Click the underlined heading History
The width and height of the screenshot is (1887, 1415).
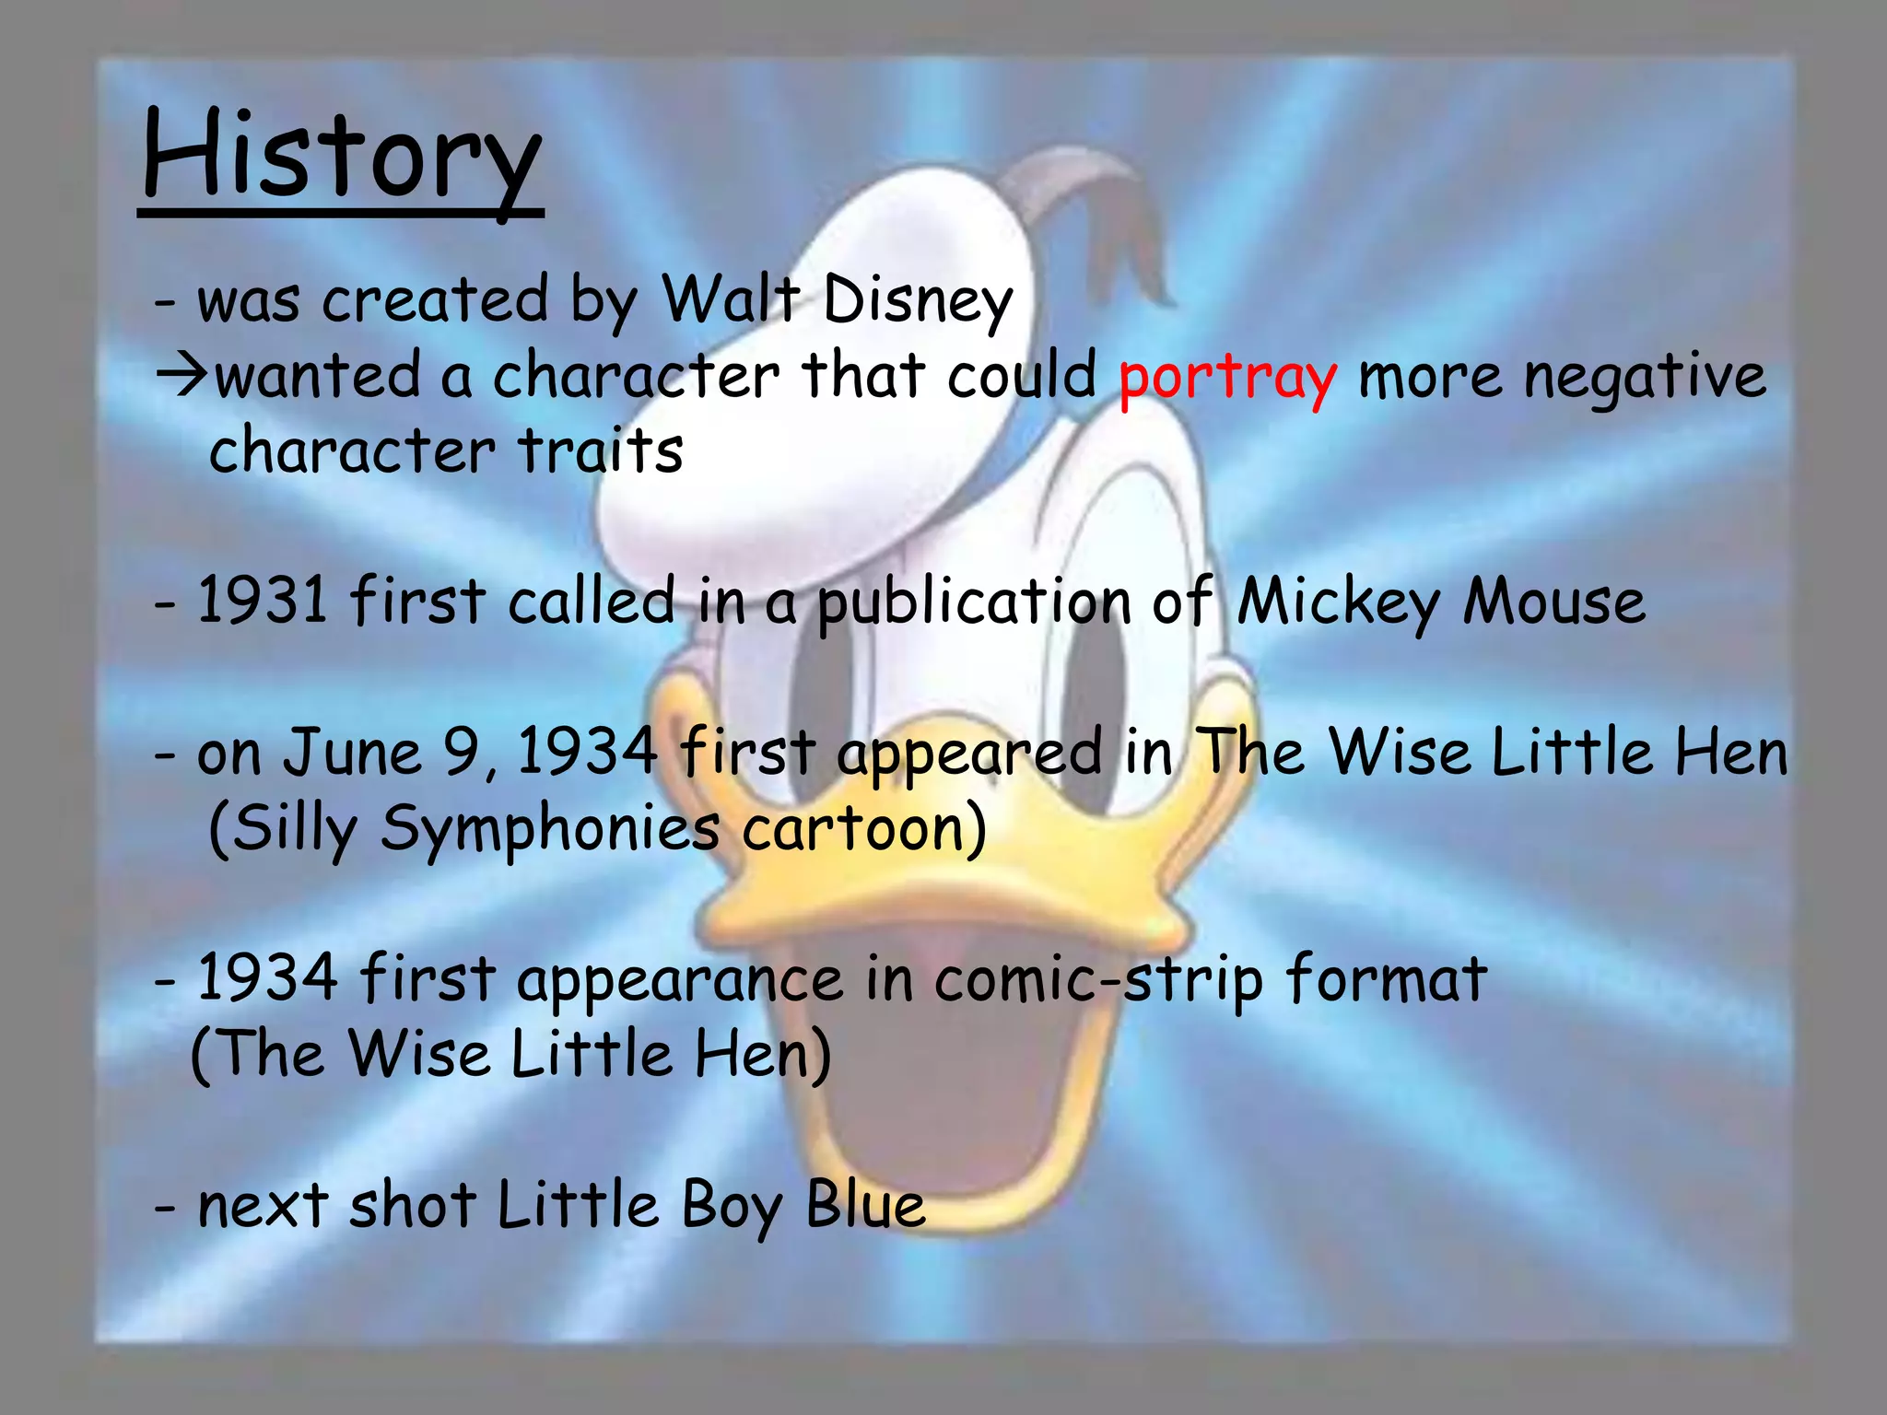pyautogui.click(x=342, y=157)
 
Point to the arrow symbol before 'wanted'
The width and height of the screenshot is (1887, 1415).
pyautogui.click(x=182, y=377)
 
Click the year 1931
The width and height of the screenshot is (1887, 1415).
pyautogui.click(x=263, y=601)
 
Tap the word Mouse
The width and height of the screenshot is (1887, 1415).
pyautogui.click(x=1554, y=602)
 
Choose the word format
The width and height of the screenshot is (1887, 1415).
pyautogui.click(x=1386, y=978)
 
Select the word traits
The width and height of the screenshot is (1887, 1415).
pyautogui.click(x=600, y=451)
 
